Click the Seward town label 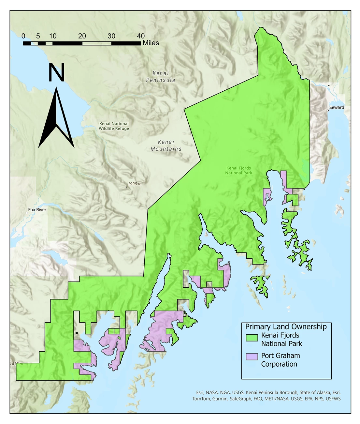click(337, 107)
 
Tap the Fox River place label click(37, 210)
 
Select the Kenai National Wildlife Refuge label click(114, 126)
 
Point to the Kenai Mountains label click(166, 145)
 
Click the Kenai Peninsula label click(161, 77)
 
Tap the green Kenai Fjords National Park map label click(238, 171)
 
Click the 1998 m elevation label click(135, 184)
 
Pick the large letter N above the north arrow click(56, 72)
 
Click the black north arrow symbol click(56, 121)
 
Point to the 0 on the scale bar click(23, 36)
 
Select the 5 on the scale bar click(38, 36)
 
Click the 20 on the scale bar click(82, 36)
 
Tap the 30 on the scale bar click(111, 36)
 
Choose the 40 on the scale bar click(141, 36)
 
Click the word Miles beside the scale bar click(151, 43)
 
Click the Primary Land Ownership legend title click(286, 327)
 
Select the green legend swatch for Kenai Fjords click(252, 338)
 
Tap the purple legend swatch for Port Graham click(252, 356)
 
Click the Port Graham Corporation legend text click(280, 360)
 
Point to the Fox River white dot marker click(27, 213)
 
